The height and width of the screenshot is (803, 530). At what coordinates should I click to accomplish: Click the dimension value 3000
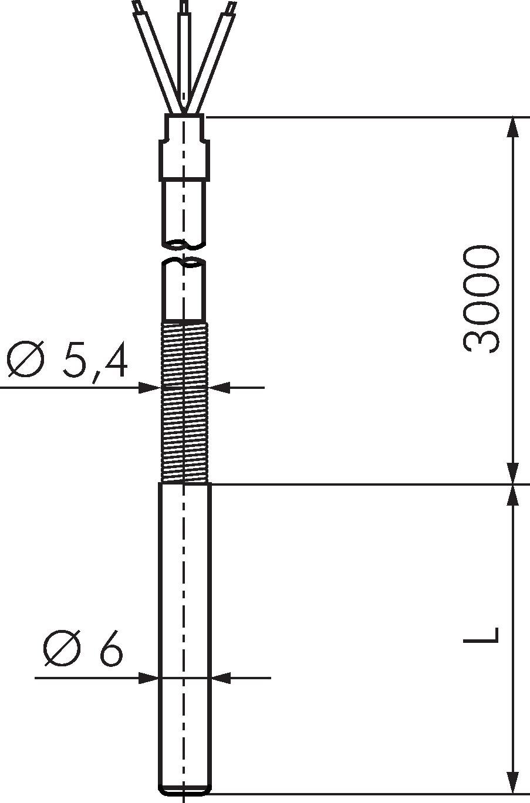coord(481,299)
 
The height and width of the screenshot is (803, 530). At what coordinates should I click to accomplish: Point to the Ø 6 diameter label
coord(82,649)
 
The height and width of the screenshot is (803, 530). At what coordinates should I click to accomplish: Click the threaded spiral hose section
coord(184,402)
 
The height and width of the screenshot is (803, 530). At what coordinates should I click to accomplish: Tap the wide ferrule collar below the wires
coord(184,158)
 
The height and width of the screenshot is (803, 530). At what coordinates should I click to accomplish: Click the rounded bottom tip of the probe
coord(184,791)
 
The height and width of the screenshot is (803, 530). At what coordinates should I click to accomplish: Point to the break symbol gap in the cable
coord(184,252)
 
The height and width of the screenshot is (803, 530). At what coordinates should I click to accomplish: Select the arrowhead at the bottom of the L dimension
coord(513,783)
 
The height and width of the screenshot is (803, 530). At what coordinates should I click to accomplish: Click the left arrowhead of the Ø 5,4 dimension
coord(149,387)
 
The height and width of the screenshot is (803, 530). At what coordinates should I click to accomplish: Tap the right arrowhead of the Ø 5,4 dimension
coord(220,387)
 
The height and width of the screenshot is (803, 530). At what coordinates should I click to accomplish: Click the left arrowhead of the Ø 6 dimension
coord(148,678)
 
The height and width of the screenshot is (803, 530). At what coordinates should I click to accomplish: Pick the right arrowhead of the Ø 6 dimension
coord(222,678)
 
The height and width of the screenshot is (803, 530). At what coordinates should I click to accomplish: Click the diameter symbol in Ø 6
coord(62,649)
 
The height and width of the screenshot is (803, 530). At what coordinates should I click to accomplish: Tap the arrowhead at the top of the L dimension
coord(513,494)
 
